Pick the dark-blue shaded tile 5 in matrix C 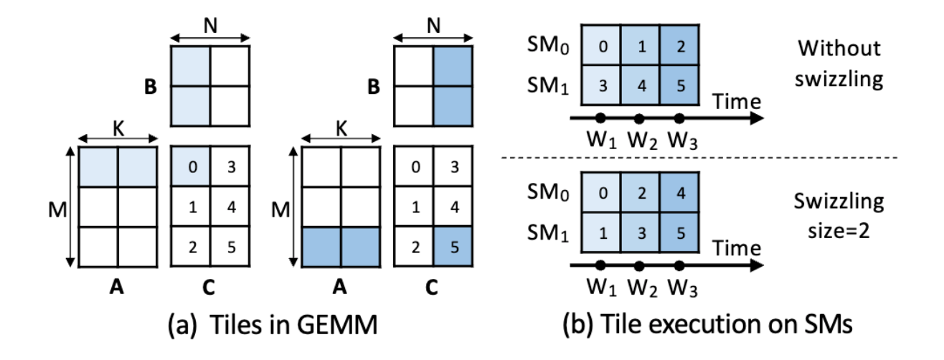[453, 247]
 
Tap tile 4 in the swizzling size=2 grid [678, 193]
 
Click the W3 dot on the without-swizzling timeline [679, 116]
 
